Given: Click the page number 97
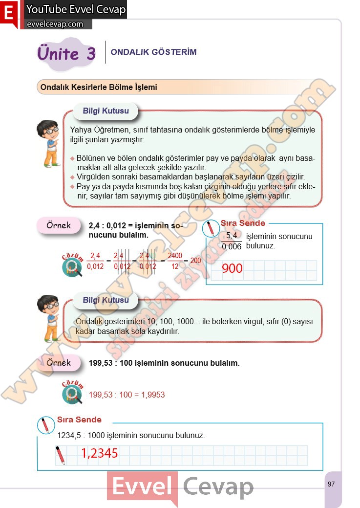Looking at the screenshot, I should [332, 484].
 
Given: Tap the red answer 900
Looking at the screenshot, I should [232, 268].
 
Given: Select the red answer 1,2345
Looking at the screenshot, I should [100, 454].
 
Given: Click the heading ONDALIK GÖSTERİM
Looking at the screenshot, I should [153, 52].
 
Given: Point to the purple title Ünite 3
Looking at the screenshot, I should [66, 53].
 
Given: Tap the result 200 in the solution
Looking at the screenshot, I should [195, 261].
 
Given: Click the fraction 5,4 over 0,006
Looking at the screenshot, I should [232, 241].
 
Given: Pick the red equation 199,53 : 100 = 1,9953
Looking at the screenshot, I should [127, 395].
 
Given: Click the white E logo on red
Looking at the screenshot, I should [9, 14].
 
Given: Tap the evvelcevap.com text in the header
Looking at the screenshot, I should [55, 24].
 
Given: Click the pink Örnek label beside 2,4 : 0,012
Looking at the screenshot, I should [58, 225].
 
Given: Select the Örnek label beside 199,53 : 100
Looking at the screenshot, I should [58, 363].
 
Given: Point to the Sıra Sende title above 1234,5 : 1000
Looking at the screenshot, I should [79, 420].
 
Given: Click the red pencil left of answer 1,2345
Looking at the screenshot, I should [60, 455].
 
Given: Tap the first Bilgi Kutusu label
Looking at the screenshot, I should [106, 111].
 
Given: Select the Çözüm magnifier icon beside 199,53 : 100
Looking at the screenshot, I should [72, 393].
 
